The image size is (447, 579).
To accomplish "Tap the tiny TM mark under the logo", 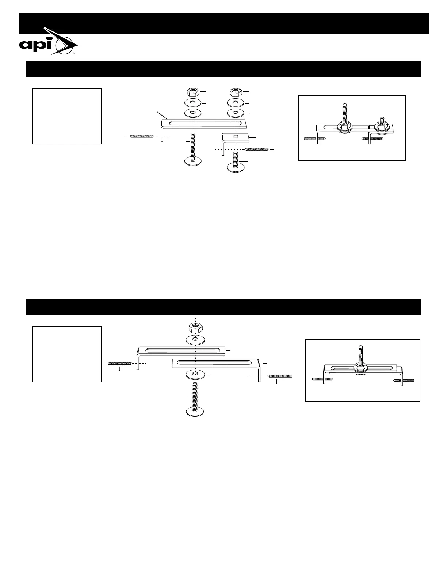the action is (73, 54).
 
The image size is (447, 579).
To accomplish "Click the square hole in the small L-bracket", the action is (236, 137).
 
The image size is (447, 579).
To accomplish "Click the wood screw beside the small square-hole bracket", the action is (257, 149).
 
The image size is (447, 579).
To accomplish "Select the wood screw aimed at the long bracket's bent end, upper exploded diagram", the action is (142, 136).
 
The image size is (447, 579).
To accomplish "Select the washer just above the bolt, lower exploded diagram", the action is (196, 375).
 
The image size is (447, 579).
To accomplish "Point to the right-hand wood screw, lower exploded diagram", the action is (280, 376).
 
